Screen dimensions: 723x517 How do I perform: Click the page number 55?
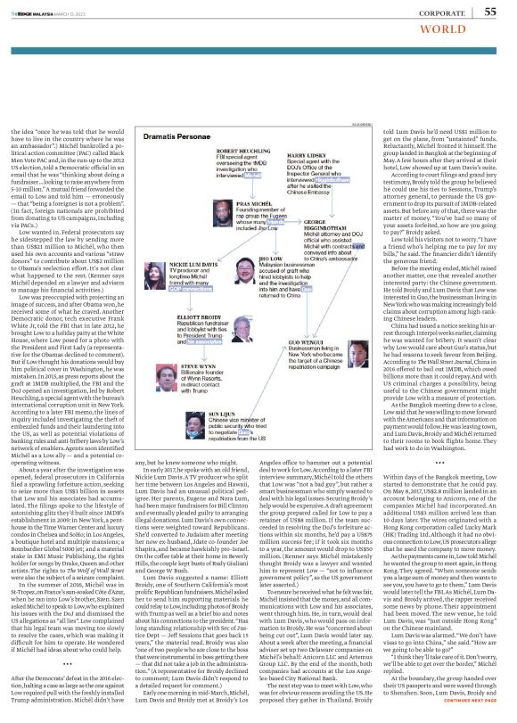pos(490,11)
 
